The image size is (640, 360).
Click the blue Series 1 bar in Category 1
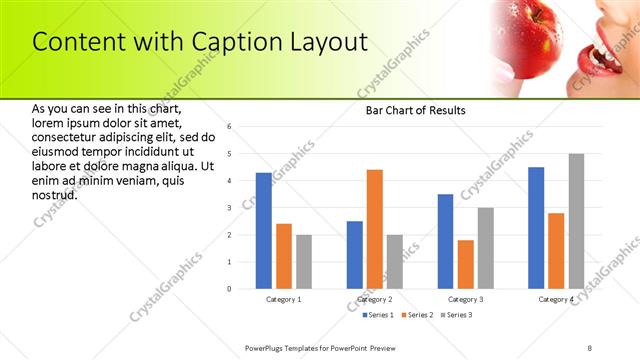pos(264,231)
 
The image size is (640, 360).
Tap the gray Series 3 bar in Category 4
pos(576,221)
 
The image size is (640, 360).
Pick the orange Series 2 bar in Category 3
pos(465,264)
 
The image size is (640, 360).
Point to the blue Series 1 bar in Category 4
pos(536,228)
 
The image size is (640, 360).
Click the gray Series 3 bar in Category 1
pos(304,262)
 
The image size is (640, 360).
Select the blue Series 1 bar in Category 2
pos(355,255)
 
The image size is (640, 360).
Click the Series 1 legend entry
pos(378,315)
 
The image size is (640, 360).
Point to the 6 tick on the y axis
pos(229,127)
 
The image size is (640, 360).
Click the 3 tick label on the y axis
pos(229,208)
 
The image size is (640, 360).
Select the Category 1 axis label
pos(284,299)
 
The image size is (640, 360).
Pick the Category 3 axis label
pos(465,299)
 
